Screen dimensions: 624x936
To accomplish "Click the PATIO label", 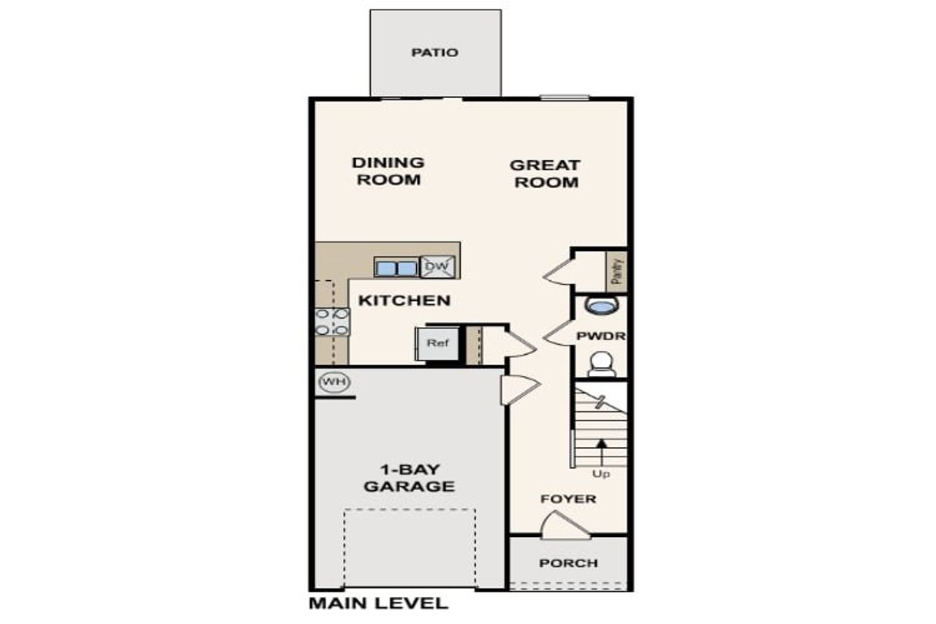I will [435, 53].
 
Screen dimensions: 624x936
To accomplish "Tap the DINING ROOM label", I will [388, 171].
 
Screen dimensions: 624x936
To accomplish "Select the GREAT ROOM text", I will [546, 174].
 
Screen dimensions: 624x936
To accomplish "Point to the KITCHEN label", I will [404, 301].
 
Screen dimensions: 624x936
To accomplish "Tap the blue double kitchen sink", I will [396, 268].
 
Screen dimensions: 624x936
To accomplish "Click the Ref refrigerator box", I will [437, 344].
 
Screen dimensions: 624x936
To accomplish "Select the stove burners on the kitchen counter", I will [331, 322].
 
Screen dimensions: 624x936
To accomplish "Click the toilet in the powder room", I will [601, 363].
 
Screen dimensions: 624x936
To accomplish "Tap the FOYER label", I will [568, 500].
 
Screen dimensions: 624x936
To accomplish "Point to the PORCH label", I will [568, 563].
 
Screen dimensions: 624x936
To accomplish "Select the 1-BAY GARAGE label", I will [409, 478].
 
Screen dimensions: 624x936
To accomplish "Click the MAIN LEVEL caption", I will [378, 604].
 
